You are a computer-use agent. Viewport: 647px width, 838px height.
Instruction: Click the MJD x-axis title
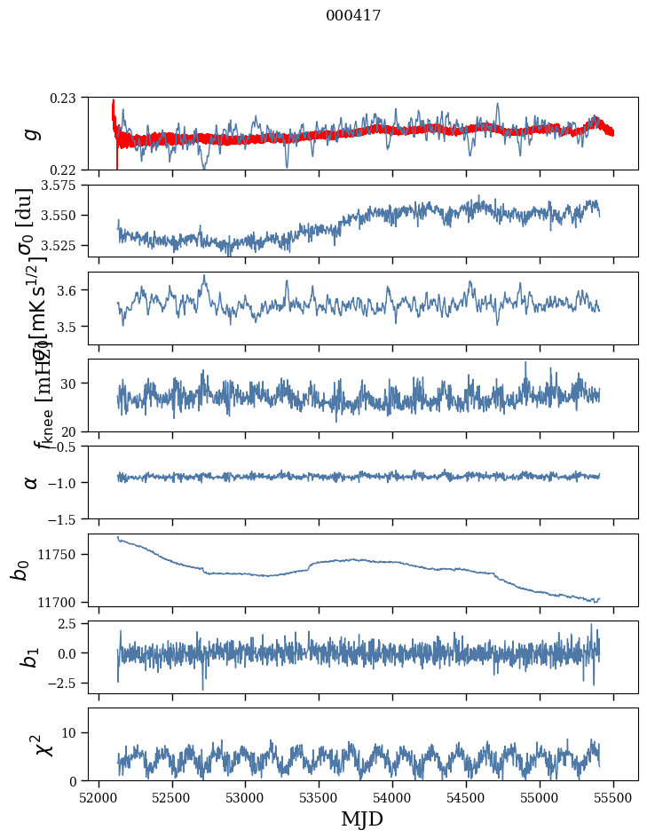362,819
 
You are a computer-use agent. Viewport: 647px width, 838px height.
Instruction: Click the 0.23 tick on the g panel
68,97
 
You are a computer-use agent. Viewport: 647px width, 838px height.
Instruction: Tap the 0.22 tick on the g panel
68,170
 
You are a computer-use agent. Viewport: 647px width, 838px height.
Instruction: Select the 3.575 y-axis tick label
63,185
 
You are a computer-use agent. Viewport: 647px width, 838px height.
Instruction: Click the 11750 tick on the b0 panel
63,554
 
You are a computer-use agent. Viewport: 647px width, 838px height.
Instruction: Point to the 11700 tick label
63,602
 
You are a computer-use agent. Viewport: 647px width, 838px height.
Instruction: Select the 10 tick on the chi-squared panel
73,732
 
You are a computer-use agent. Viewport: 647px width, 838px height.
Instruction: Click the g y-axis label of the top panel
32,133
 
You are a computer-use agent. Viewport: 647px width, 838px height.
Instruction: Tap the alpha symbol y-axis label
32,481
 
